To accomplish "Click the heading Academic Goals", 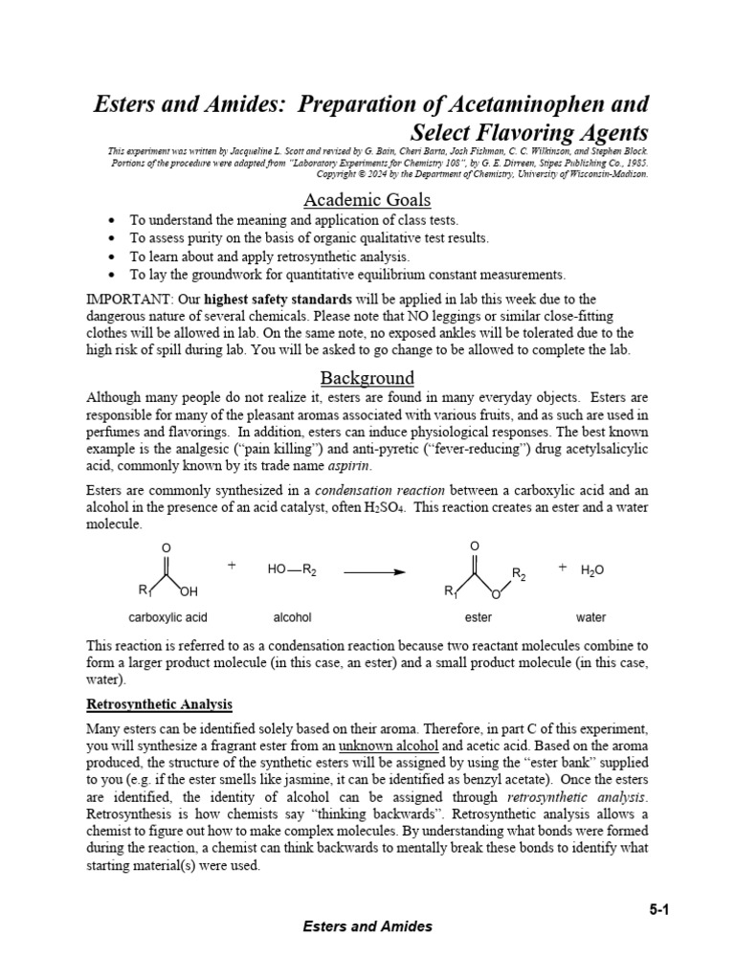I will [x=367, y=200].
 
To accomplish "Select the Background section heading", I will [x=367, y=377].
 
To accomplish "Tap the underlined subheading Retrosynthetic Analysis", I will [x=159, y=704].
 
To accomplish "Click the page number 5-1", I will [x=657, y=910].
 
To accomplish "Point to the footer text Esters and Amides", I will [x=367, y=926].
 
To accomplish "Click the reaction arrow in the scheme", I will [x=373, y=571].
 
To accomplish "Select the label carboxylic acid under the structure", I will [x=167, y=617].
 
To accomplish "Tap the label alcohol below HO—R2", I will [x=292, y=617].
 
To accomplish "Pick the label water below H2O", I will [x=590, y=617].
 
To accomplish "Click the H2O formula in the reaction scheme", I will [x=592, y=570].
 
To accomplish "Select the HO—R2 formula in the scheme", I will [x=292, y=569].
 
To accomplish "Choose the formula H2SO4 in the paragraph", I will [x=383, y=507].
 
